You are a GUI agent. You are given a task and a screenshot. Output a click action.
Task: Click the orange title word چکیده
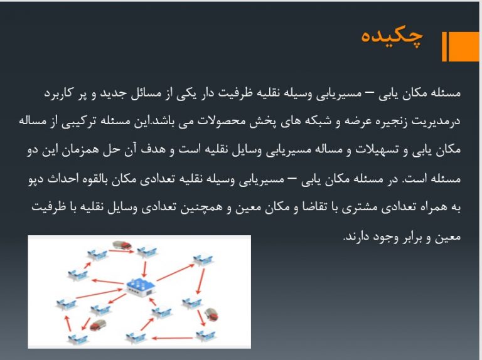click(x=392, y=37)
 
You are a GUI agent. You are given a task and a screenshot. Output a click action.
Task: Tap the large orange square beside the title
click(x=464, y=46)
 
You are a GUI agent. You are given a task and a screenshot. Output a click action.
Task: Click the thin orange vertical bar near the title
click(x=444, y=46)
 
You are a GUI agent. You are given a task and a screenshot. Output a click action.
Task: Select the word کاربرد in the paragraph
click(x=58, y=93)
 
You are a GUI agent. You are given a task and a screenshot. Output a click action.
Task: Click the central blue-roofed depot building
click(x=141, y=287)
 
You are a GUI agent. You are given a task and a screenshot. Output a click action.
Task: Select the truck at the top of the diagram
click(x=122, y=245)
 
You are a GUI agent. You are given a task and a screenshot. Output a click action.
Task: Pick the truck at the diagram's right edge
click(x=212, y=314)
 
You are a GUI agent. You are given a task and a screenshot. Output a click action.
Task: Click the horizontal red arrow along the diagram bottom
click(x=173, y=338)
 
